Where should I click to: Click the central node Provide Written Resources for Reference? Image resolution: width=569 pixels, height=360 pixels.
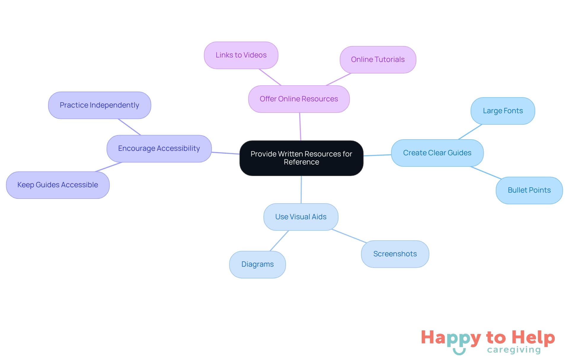click(x=301, y=158)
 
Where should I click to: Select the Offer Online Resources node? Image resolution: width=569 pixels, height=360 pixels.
click(x=299, y=99)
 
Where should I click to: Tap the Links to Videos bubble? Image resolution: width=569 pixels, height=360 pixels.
click(x=241, y=55)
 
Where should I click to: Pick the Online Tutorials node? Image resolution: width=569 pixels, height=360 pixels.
click(x=378, y=60)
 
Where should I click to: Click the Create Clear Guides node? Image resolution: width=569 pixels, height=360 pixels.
click(x=437, y=153)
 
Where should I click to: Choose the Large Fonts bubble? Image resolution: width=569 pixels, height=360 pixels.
click(x=503, y=111)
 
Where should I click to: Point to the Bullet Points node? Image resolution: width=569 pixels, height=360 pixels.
click(x=529, y=190)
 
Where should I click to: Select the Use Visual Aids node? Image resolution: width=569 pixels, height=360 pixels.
click(x=301, y=217)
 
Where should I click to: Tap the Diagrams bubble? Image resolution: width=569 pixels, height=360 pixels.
click(x=258, y=264)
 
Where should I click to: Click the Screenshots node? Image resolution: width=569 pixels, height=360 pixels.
click(x=395, y=254)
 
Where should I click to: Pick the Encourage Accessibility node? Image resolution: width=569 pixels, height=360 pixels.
click(x=159, y=148)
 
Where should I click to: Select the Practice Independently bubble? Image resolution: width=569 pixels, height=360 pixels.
click(x=100, y=105)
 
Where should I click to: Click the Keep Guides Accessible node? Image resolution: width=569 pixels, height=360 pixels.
click(x=58, y=185)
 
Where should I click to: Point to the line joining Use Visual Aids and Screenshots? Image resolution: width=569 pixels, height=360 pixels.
click(x=349, y=236)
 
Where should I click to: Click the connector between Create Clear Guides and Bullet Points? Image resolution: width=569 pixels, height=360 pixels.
click(x=486, y=173)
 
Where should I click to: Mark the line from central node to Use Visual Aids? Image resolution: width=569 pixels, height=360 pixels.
click(x=301, y=190)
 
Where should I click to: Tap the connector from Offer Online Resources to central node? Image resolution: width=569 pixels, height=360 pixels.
click(x=300, y=127)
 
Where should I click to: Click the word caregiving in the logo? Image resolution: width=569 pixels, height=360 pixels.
click(x=514, y=350)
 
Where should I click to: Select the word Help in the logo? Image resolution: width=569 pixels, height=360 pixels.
click(x=533, y=337)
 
